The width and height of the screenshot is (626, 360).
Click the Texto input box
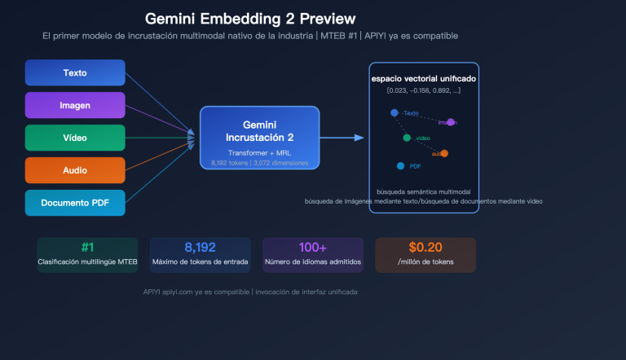pos(75,72)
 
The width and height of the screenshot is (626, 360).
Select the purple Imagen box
pos(75,105)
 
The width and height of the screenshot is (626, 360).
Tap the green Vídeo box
pos(75,138)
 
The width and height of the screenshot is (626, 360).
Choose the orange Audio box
pos(75,170)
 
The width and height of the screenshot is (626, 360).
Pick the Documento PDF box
pos(75,203)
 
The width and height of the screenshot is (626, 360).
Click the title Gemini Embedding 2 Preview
pos(249,18)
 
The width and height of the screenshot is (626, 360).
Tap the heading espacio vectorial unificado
pos(424,78)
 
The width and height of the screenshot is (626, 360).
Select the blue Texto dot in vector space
pos(395,112)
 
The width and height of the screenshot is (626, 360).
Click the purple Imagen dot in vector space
pos(452,122)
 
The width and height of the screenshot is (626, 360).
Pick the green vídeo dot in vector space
pos(407,138)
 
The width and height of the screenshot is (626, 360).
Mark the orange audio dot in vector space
pos(444,153)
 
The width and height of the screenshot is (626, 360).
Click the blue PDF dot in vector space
pos(400,166)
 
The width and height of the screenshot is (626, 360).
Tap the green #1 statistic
pos(87,248)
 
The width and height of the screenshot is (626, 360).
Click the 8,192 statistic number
pos(200,248)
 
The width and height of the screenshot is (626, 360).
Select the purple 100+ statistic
pos(312,248)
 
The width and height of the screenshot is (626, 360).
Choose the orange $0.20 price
pos(425,248)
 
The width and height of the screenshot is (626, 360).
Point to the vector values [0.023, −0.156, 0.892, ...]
pos(424,90)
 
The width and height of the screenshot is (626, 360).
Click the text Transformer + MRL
pos(260,152)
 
